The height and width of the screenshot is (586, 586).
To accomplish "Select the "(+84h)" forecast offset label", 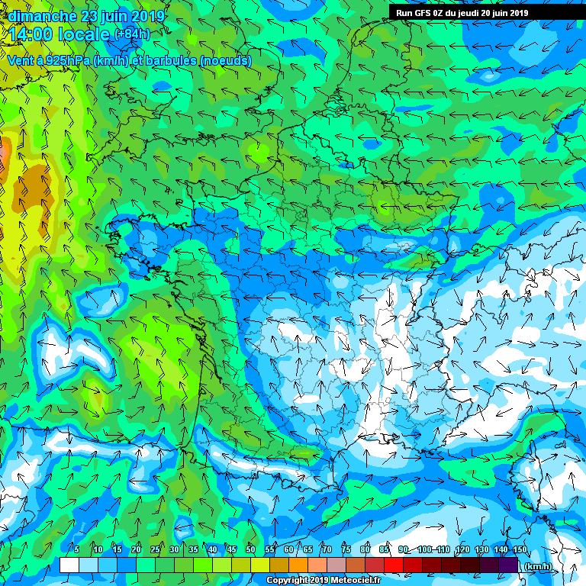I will click(x=132, y=34).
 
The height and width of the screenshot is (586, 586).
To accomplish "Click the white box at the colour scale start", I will click(x=69, y=565).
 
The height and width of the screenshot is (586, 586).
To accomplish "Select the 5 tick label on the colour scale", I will click(x=77, y=549).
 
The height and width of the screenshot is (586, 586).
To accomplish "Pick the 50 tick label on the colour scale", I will click(x=251, y=549).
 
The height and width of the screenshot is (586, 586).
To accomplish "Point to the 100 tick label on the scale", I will click(x=425, y=549).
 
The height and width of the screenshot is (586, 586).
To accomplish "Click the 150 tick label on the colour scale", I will click(x=520, y=549).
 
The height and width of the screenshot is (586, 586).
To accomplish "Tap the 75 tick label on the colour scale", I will click(x=346, y=549).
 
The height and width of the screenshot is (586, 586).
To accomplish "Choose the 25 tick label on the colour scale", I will click(x=156, y=549).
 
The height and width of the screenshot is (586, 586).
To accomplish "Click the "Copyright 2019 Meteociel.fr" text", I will click(x=328, y=580).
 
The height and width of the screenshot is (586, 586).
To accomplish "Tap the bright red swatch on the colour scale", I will click(x=394, y=565).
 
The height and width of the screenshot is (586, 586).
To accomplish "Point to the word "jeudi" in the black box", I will click(x=468, y=12).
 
